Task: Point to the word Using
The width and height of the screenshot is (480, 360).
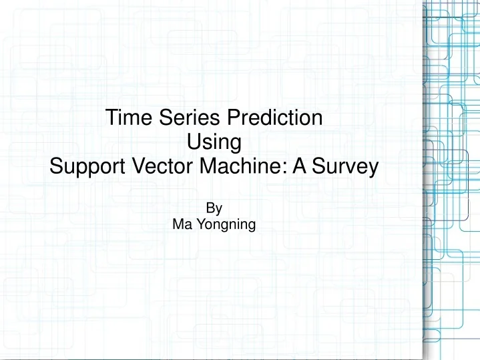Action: click(x=214, y=142)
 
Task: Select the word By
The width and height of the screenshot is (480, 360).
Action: click(x=214, y=209)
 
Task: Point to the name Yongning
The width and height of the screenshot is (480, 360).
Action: click(x=224, y=225)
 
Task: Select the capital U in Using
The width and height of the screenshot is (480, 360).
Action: click(x=194, y=142)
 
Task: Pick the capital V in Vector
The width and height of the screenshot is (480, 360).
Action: click(x=135, y=166)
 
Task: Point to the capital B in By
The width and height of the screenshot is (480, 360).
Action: click(x=210, y=208)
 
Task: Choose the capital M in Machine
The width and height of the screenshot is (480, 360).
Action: click(x=206, y=166)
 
